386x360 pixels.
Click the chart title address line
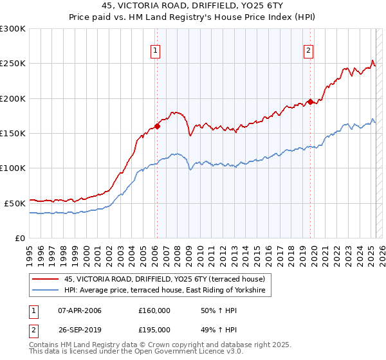192,5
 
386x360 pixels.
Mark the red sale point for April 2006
156,126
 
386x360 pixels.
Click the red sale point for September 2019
310,102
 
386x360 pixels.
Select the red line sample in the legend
45,279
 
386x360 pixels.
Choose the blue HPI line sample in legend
45,291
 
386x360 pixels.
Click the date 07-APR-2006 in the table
80,310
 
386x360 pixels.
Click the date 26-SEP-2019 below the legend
80,330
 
